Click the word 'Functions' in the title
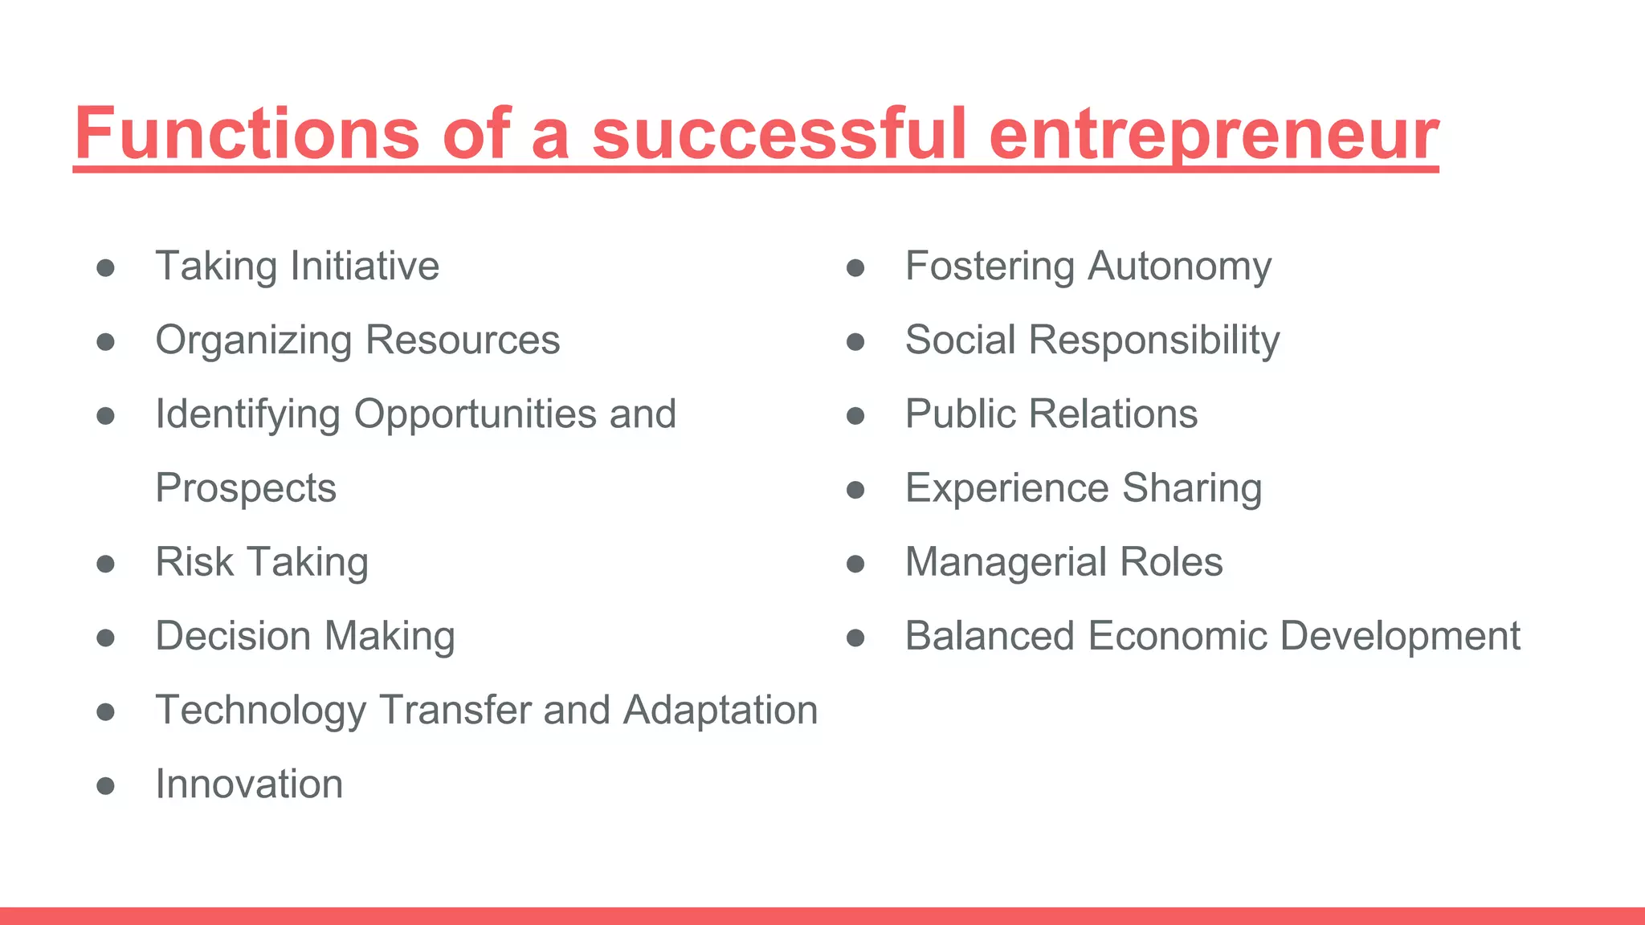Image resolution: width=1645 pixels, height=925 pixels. (247, 133)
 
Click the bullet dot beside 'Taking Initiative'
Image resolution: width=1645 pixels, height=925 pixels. (105, 267)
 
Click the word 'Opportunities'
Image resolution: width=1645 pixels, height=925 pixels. (475, 414)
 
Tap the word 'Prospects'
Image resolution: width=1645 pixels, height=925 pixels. (246, 488)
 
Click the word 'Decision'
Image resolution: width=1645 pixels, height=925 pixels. (233, 636)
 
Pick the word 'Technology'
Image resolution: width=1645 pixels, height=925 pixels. (260, 711)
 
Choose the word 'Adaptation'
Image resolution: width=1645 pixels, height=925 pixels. (720, 710)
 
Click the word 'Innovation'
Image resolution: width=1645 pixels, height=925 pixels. (249, 784)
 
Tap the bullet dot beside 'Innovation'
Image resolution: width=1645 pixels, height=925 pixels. (105, 785)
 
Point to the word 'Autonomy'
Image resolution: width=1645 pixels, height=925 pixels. (1179, 267)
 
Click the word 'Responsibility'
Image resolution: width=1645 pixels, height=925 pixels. (1154, 340)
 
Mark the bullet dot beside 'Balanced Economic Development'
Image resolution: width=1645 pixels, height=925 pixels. (855, 638)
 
